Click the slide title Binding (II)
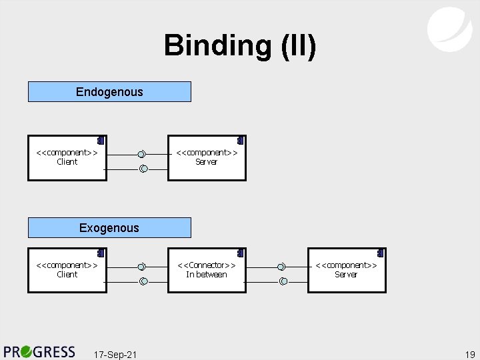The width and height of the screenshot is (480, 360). [240, 46]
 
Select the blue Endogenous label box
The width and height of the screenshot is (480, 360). [109, 91]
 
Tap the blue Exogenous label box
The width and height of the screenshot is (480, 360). [109, 227]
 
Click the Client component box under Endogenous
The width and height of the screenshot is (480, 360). [67, 158]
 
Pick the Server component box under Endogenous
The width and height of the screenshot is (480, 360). [207, 158]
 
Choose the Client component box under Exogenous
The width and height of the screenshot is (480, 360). [67, 270]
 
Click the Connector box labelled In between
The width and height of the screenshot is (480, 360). [207, 270]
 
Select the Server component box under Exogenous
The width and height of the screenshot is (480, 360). [347, 270]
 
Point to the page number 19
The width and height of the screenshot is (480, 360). [469, 354]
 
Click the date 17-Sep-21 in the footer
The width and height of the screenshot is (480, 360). [115, 354]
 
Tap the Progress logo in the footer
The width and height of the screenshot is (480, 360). [40, 351]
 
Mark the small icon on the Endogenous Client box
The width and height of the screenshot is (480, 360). [99, 141]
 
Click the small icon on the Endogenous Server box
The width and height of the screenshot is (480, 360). [239, 141]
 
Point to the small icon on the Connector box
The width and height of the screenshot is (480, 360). [239, 253]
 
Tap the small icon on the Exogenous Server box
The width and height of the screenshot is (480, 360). [379, 253]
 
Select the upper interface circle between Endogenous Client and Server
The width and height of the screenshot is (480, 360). [142, 155]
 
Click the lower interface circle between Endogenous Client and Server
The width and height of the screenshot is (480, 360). [143, 169]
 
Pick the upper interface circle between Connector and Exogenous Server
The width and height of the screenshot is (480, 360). [282, 267]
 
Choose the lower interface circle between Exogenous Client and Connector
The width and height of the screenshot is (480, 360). [143, 281]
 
